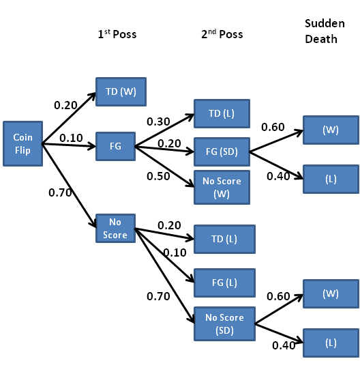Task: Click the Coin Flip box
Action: click(x=23, y=143)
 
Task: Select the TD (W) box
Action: click(x=121, y=91)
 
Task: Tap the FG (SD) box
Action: click(x=222, y=152)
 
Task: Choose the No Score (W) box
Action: click(x=222, y=187)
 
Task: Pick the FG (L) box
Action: click(x=225, y=283)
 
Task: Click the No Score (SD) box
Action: click(x=225, y=323)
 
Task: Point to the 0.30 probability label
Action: click(x=158, y=121)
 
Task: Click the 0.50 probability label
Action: click(x=158, y=176)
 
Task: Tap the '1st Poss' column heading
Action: click(x=117, y=34)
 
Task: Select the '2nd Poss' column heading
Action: click(x=222, y=34)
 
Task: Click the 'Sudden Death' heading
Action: click(x=325, y=31)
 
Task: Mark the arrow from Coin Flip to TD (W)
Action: click(x=69, y=118)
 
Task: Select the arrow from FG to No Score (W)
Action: click(x=164, y=167)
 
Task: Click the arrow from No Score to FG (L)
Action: click(x=164, y=255)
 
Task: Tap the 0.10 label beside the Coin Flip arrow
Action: click(x=71, y=138)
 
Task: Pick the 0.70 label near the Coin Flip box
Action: click(x=60, y=192)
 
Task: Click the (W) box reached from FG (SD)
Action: click(x=331, y=130)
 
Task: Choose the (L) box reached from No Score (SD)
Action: click(x=331, y=343)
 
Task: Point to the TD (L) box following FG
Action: click(x=222, y=113)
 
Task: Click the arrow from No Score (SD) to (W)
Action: click(x=279, y=309)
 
